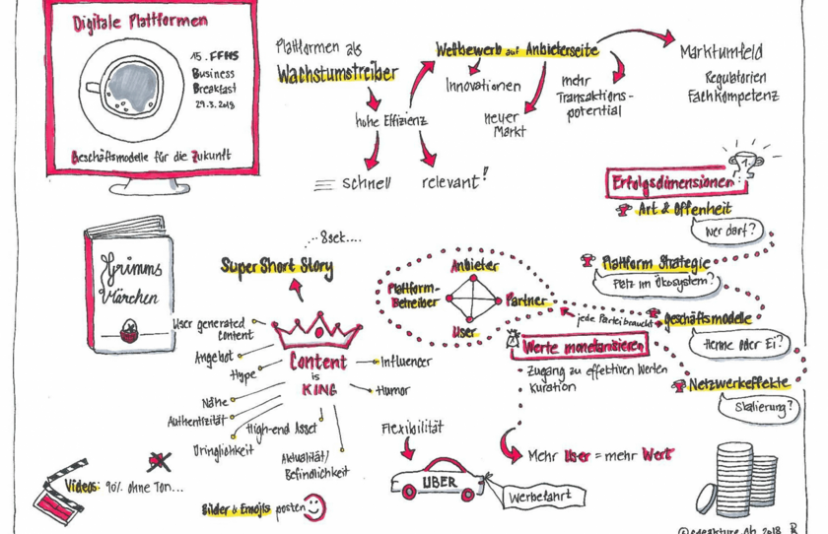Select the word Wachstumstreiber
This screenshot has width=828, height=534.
pos(337,74)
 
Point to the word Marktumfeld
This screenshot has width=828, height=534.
pos(721,50)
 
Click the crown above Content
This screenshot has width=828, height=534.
pos(316,331)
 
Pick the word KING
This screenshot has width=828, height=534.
pos(317,389)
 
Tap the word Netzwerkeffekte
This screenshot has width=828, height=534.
pos(739,384)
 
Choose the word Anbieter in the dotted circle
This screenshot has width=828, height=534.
pos(474,266)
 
